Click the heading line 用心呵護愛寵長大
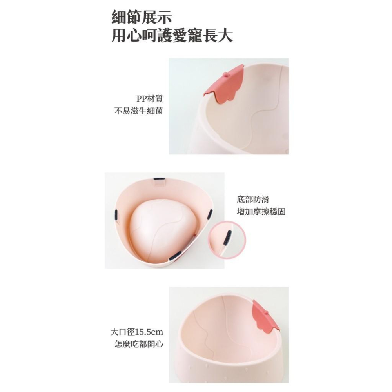[172, 36]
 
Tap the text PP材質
[149, 98]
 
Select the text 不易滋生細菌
[138, 111]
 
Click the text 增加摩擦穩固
[261, 212]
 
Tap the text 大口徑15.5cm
[136, 332]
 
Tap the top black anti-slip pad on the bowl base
[159, 179]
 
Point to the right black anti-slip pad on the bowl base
[209, 214]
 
